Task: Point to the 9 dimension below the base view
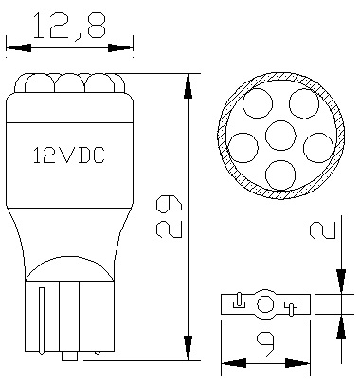[x=267, y=344]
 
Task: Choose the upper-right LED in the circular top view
[x=302, y=102]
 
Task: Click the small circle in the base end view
[x=266, y=304]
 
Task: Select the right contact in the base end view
[x=291, y=305]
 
